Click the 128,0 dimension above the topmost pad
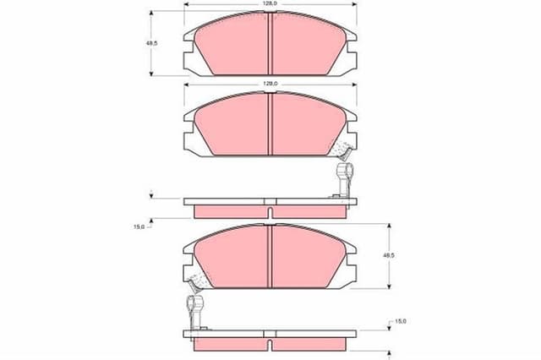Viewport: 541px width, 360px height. click(270, 4)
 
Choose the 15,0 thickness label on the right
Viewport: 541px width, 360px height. click(401, 322)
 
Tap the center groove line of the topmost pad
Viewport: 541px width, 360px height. click(269, 44)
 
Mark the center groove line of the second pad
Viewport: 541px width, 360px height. click(269, 123)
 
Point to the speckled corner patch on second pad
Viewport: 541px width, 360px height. click(342, 151)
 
